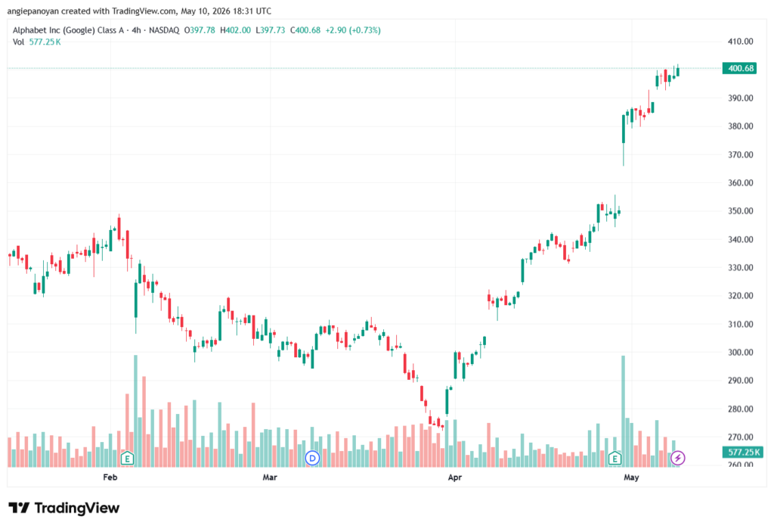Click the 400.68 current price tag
pos(739,68)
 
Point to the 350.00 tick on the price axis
pos(741,211)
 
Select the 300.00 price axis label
pos(741,353)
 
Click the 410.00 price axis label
pos(741,42)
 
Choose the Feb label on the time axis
pos(110,477)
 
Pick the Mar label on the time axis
pos(270,477)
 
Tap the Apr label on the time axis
pos(454,477)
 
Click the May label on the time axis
pos(631,477)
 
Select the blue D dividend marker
pos(312,459)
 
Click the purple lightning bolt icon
pos(678,459)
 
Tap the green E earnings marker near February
pos(127,459)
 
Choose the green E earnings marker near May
pos(615,459)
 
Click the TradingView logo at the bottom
pos(64,509)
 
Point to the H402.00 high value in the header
pos(236,30)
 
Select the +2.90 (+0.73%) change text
pos(352,30)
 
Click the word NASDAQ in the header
pos(164,30)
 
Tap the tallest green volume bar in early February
pos(136,410)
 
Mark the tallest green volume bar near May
pos(623,411)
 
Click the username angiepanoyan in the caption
pos(33,11)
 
